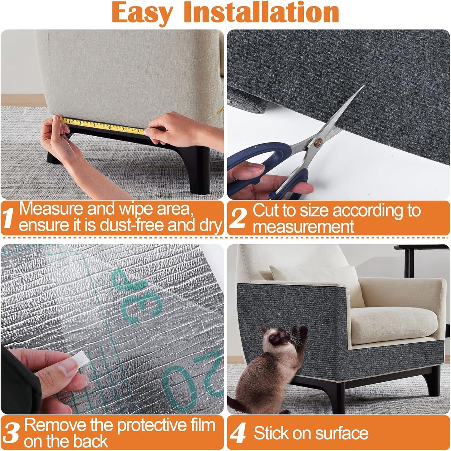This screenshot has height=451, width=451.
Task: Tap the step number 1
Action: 8,218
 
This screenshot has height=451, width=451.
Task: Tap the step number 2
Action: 238,218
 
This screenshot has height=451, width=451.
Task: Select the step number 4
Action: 238,434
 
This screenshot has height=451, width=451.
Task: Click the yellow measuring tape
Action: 103,125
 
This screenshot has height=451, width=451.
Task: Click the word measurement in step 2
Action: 303,227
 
